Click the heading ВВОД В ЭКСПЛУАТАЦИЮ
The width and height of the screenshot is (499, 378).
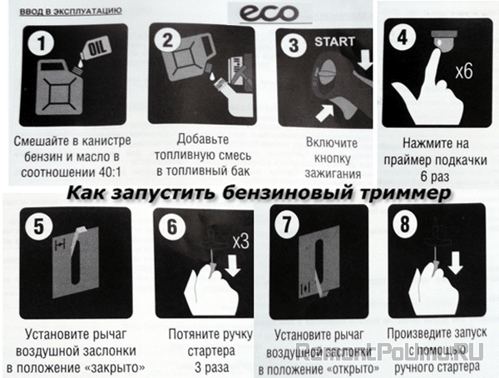coord(62,12)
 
